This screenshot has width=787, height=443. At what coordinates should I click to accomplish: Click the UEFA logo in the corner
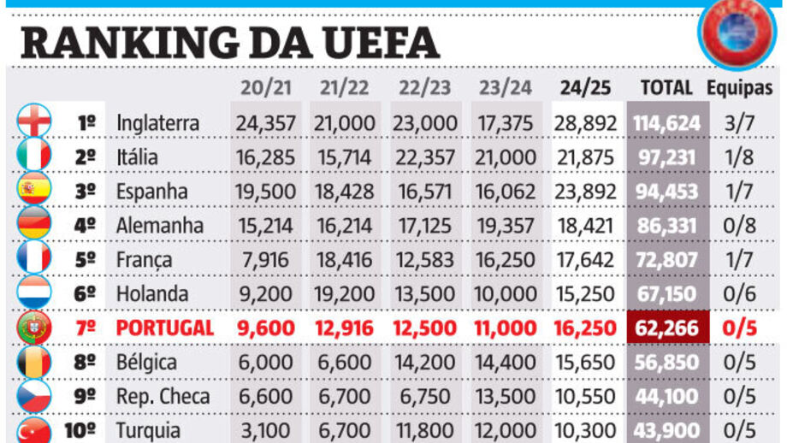click(737, 32)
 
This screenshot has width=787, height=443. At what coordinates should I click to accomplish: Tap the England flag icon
click(34, 122)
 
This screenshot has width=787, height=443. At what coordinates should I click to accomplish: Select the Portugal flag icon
click(34, 328)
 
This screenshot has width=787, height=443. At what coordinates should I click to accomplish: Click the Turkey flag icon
click(34, 429)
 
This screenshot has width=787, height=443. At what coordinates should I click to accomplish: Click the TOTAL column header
click(666, 87)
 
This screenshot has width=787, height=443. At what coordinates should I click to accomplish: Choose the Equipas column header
click(739, 87)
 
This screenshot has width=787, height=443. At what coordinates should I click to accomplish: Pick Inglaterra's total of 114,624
click(666, 122)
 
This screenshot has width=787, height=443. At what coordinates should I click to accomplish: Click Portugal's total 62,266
click(666, 328)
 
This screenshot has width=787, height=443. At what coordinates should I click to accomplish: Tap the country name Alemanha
click(160, 225)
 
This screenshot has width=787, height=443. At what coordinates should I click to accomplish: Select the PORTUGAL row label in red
click(164, 328)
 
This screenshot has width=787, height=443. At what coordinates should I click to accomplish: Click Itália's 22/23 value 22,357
click(425, 157)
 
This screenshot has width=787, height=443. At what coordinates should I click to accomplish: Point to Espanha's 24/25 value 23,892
click(585, 191)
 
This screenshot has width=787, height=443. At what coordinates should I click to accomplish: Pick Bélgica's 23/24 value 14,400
click(505, 362)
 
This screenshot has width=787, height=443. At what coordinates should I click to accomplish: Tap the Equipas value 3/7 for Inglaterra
click(739, 122)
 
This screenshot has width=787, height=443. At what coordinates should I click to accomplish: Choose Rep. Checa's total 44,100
click(666, 396)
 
